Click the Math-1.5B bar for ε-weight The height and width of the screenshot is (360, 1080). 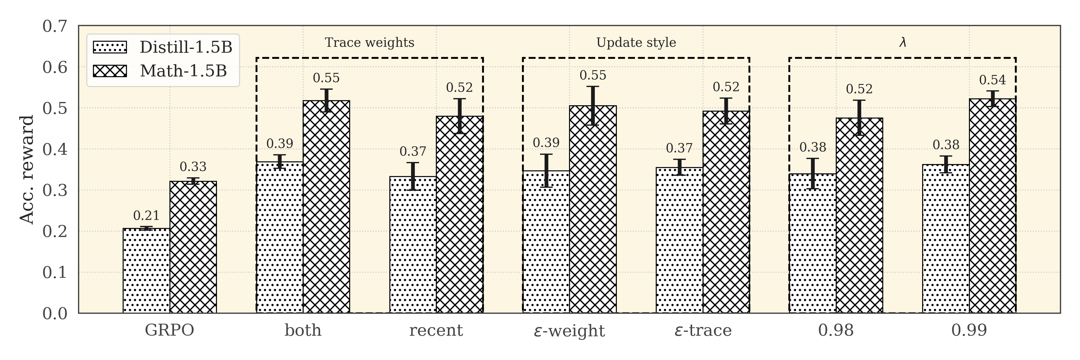(593, 209)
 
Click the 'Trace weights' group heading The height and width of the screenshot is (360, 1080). (369, 43)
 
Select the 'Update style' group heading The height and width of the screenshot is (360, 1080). (636, 43)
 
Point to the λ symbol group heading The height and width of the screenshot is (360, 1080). (903, 43)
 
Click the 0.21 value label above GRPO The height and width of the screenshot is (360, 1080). (146, 216)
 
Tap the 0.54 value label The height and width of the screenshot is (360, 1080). (992, 79)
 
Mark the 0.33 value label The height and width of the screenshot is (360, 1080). (193, 167)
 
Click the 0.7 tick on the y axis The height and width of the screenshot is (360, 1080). (55, 26)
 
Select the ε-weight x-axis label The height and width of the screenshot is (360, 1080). (569, 331)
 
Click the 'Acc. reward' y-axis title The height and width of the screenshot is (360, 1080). (27, 170)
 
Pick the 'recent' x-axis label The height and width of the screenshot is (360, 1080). (436, 331)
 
